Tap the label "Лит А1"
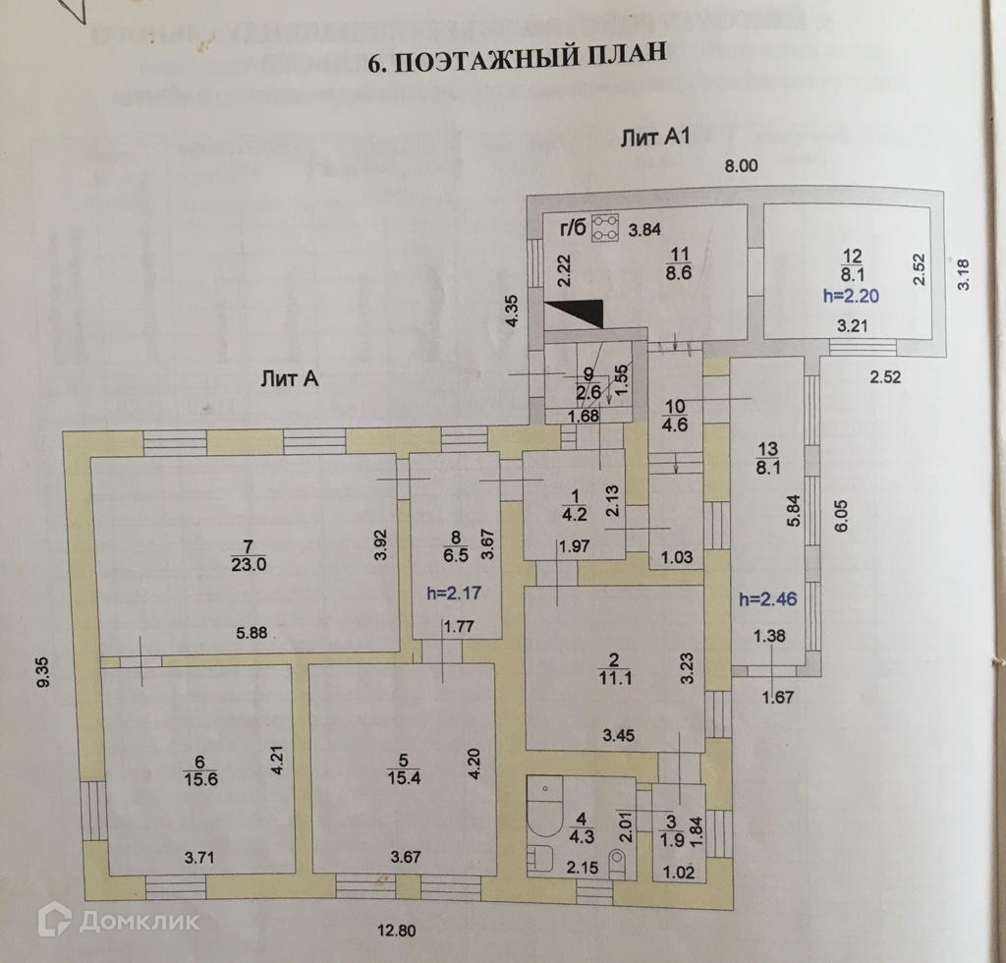click(656, 138)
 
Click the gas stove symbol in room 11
click(603, 227)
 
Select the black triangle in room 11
click(575, 312)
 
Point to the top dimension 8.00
click(741, 166)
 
